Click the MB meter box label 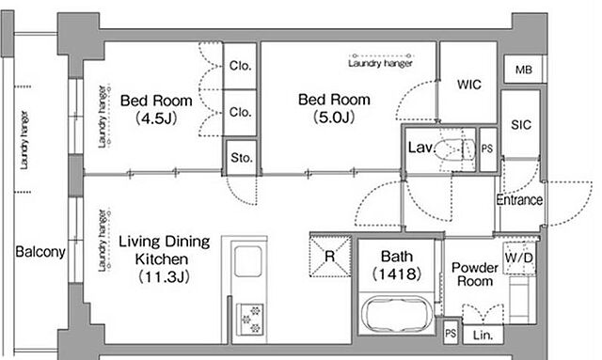click(x=524, y=70)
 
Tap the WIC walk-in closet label click(x=468, y=85)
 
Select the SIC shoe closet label click(x=521, y=125)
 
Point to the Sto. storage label click(x=242, y=157)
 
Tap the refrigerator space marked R click(x=330, y=256)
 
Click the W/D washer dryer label click(x=519, y=258)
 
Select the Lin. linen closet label click(x=483, y=335)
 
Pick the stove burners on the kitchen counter click(x=250, y=319)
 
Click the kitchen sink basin click(x=248, y=261)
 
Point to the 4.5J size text click(x=156, y=118)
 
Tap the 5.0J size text click(x=334, y=117)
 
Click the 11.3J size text click(x=164, y=276)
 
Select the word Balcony click(x=40, y=252)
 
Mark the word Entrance click(x=519, y=199)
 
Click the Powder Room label click(x=475, y=274)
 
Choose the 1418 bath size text click(x=397, y=274)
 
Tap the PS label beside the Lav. click(x=487, y=149)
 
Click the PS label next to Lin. click(x=451, y=333)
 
